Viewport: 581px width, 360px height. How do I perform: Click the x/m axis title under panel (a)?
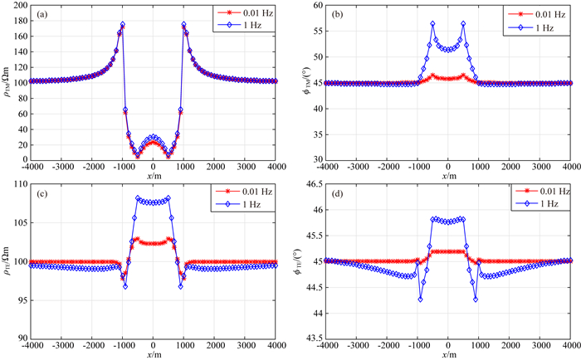[x=153, y=177]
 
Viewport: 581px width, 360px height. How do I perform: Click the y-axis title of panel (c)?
[x=7, y=265]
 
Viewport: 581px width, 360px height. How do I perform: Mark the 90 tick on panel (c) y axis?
[x=22, y=338]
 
